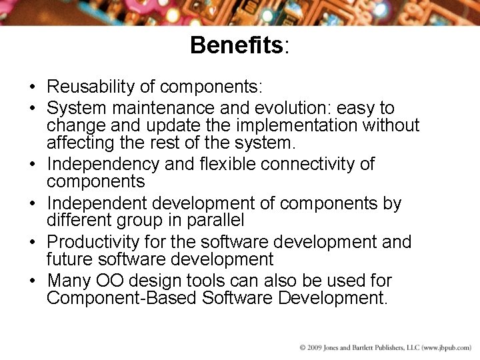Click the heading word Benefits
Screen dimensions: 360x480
[237, 46]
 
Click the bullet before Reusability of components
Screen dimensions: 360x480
[32, 87]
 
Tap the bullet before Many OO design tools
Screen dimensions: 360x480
[32, 281]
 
